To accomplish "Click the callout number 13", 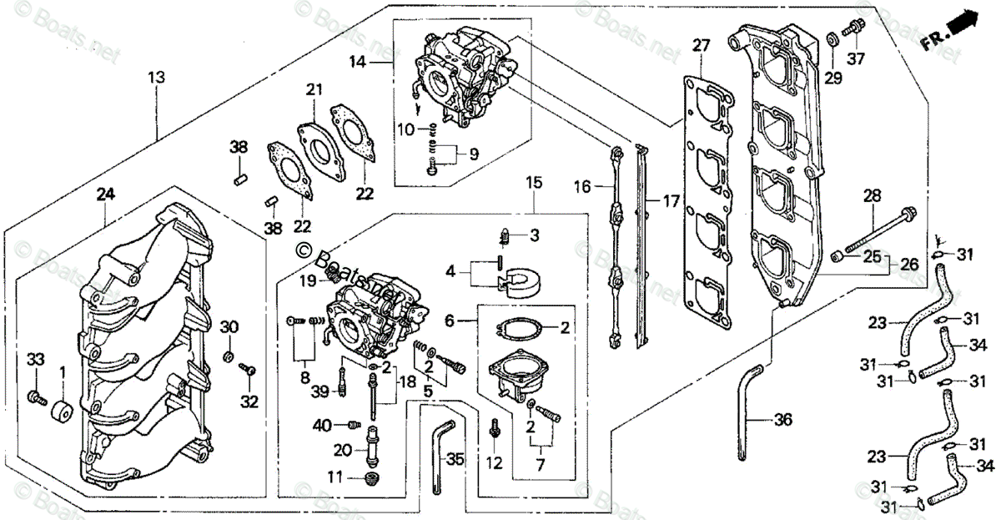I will [156, 78].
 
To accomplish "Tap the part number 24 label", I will [104, 194].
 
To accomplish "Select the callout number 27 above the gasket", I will [700, 45].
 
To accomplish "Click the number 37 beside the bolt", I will [857, 58].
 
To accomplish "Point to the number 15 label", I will [534, 181].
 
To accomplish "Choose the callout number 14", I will [358, 61].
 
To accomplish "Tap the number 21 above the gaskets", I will [313, 89].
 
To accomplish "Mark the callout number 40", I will [322, 425].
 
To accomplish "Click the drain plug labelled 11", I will [371, 479].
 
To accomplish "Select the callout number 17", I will [672, 200].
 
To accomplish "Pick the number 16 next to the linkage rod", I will [581, 188].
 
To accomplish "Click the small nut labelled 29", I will [832, 40].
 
